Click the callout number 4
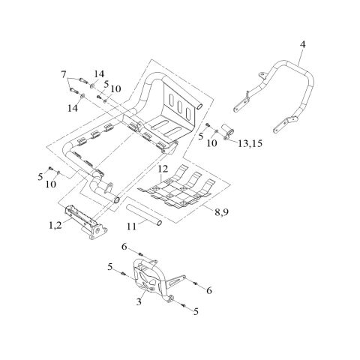pos(302,44)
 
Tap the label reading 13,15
pos(250,143)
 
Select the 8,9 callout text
pos(221,212)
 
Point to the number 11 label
pos(132,226)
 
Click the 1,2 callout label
pos(55,226)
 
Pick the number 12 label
pos(163,169)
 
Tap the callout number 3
pos(139,301)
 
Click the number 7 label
pos(64,74)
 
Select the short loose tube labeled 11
pos(144,215)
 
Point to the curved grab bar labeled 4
pos(275,95)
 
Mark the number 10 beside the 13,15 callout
pos(212,143)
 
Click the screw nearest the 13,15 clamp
pos(208,125)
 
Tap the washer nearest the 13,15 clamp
pos(217,131)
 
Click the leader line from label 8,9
pos(208,208)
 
